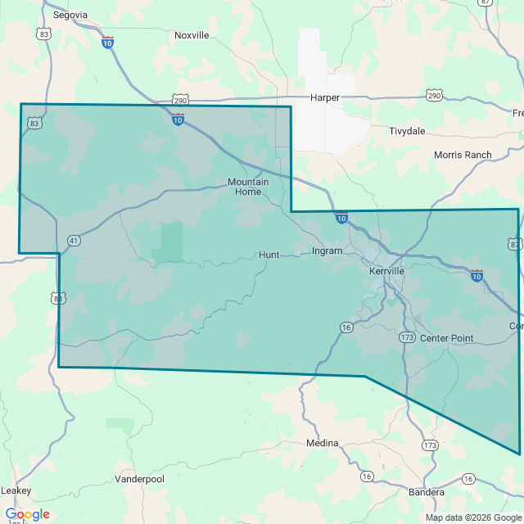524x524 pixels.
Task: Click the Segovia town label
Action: (70, 15)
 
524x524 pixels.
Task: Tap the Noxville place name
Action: (192, 35)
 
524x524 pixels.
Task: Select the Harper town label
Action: (324, 97)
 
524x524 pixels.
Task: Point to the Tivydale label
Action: (407, 131)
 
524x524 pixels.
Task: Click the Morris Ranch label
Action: (463, 155)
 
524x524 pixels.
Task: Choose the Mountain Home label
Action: (248, 187)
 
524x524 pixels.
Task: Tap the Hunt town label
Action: (269, 255)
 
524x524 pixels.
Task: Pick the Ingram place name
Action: (327, 251)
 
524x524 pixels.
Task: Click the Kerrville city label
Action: (386, 270)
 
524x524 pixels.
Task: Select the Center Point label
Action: (446, 338)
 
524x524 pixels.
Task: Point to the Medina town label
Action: (322, 443)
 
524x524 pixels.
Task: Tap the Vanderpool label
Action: (139, 479)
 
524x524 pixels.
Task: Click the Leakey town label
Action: (16, 490)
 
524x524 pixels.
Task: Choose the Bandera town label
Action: (427, 492)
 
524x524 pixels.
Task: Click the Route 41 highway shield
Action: (74, 241)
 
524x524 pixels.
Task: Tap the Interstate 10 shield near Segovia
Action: (108, 42)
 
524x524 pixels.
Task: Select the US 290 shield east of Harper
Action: (434, 96)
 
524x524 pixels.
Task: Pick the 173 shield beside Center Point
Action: (408, 337)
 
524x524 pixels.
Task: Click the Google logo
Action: (27, 514)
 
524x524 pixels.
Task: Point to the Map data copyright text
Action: (473, 517)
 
